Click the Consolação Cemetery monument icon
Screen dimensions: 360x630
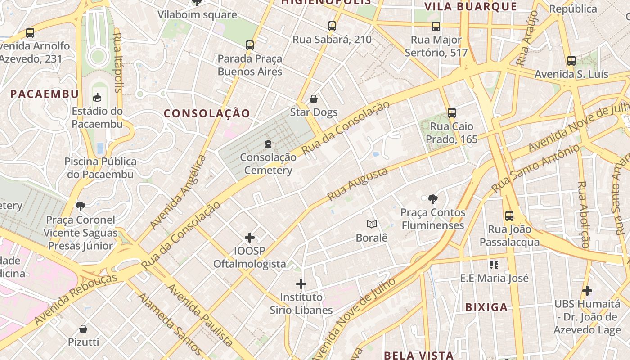[268, 144]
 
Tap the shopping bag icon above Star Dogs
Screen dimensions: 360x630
[314, 99]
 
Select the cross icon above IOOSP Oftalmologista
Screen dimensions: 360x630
[250, 238]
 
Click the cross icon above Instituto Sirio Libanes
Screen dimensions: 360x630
[301, 284]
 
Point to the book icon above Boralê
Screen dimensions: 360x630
[372, 224]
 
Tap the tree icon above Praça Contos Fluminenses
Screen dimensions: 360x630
[432, 198]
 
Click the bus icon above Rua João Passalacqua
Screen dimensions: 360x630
[509, 216]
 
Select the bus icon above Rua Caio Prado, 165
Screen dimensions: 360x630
[452, 113]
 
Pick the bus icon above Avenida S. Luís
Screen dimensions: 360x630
[571, 60]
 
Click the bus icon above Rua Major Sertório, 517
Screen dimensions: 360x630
[436, 26]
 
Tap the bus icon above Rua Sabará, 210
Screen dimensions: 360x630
[332, 26]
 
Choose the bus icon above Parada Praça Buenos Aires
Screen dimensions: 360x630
[250, 45]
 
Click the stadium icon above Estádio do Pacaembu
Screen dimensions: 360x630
[97, 97]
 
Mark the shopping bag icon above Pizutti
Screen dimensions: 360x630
[83, 329]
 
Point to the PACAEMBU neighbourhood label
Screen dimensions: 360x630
[45, 94]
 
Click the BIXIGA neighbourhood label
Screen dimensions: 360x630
[486, 307]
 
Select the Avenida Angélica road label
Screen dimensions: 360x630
[179, 192]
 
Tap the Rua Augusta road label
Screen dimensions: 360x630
[358, 184]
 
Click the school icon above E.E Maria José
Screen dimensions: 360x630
[494, 265]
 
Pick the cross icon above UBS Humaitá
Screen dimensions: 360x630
[587, 291]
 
